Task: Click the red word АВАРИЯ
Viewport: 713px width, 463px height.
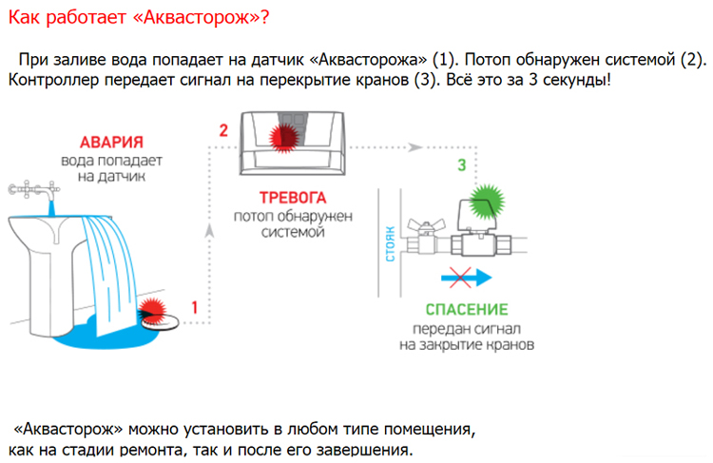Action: pos(111,143)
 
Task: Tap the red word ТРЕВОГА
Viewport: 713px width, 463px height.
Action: pos(293,198)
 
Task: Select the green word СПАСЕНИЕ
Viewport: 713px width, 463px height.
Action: pos(467,310)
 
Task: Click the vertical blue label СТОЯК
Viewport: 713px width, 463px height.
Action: pos(390,243)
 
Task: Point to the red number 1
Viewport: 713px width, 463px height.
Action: pos(195,308)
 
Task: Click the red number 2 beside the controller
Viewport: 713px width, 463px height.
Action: pos(223,131)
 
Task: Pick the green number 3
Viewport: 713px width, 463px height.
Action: pos(461,164)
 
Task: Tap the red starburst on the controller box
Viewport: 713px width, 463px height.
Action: pos(284,137)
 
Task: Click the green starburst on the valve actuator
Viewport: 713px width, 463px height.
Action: pos(487,203)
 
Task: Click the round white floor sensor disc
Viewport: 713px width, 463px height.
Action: pos(160,321)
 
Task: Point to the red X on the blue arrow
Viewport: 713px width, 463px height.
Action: pos(460,278)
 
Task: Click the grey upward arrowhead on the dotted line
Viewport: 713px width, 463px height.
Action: pos(209,231)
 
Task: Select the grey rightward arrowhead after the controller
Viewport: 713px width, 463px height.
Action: pos(414,147)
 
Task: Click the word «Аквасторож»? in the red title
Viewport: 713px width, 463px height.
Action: pos(200,17)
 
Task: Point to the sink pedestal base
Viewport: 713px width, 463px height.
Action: pos(50,296)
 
